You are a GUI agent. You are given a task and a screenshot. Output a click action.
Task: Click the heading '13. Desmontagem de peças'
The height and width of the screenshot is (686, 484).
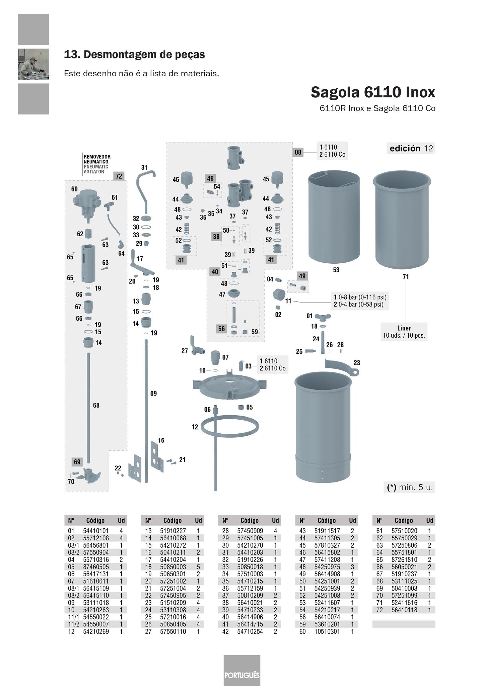134,55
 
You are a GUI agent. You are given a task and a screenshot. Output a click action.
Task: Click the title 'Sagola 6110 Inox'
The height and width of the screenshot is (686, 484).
373,92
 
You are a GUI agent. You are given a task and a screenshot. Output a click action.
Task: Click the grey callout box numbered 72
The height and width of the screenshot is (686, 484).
119,176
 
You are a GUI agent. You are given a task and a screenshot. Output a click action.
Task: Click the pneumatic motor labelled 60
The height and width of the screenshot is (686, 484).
86,203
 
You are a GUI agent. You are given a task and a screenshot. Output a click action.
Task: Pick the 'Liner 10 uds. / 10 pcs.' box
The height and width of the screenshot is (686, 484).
404,332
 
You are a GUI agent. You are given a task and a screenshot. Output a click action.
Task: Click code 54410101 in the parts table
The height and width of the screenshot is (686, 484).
96,531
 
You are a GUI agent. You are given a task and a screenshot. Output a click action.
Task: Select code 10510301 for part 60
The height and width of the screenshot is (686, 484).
327,631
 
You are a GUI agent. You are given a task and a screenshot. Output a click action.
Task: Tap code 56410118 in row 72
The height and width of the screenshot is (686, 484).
404,610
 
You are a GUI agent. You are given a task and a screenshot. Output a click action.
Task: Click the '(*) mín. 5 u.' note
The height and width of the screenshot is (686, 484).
409,488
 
